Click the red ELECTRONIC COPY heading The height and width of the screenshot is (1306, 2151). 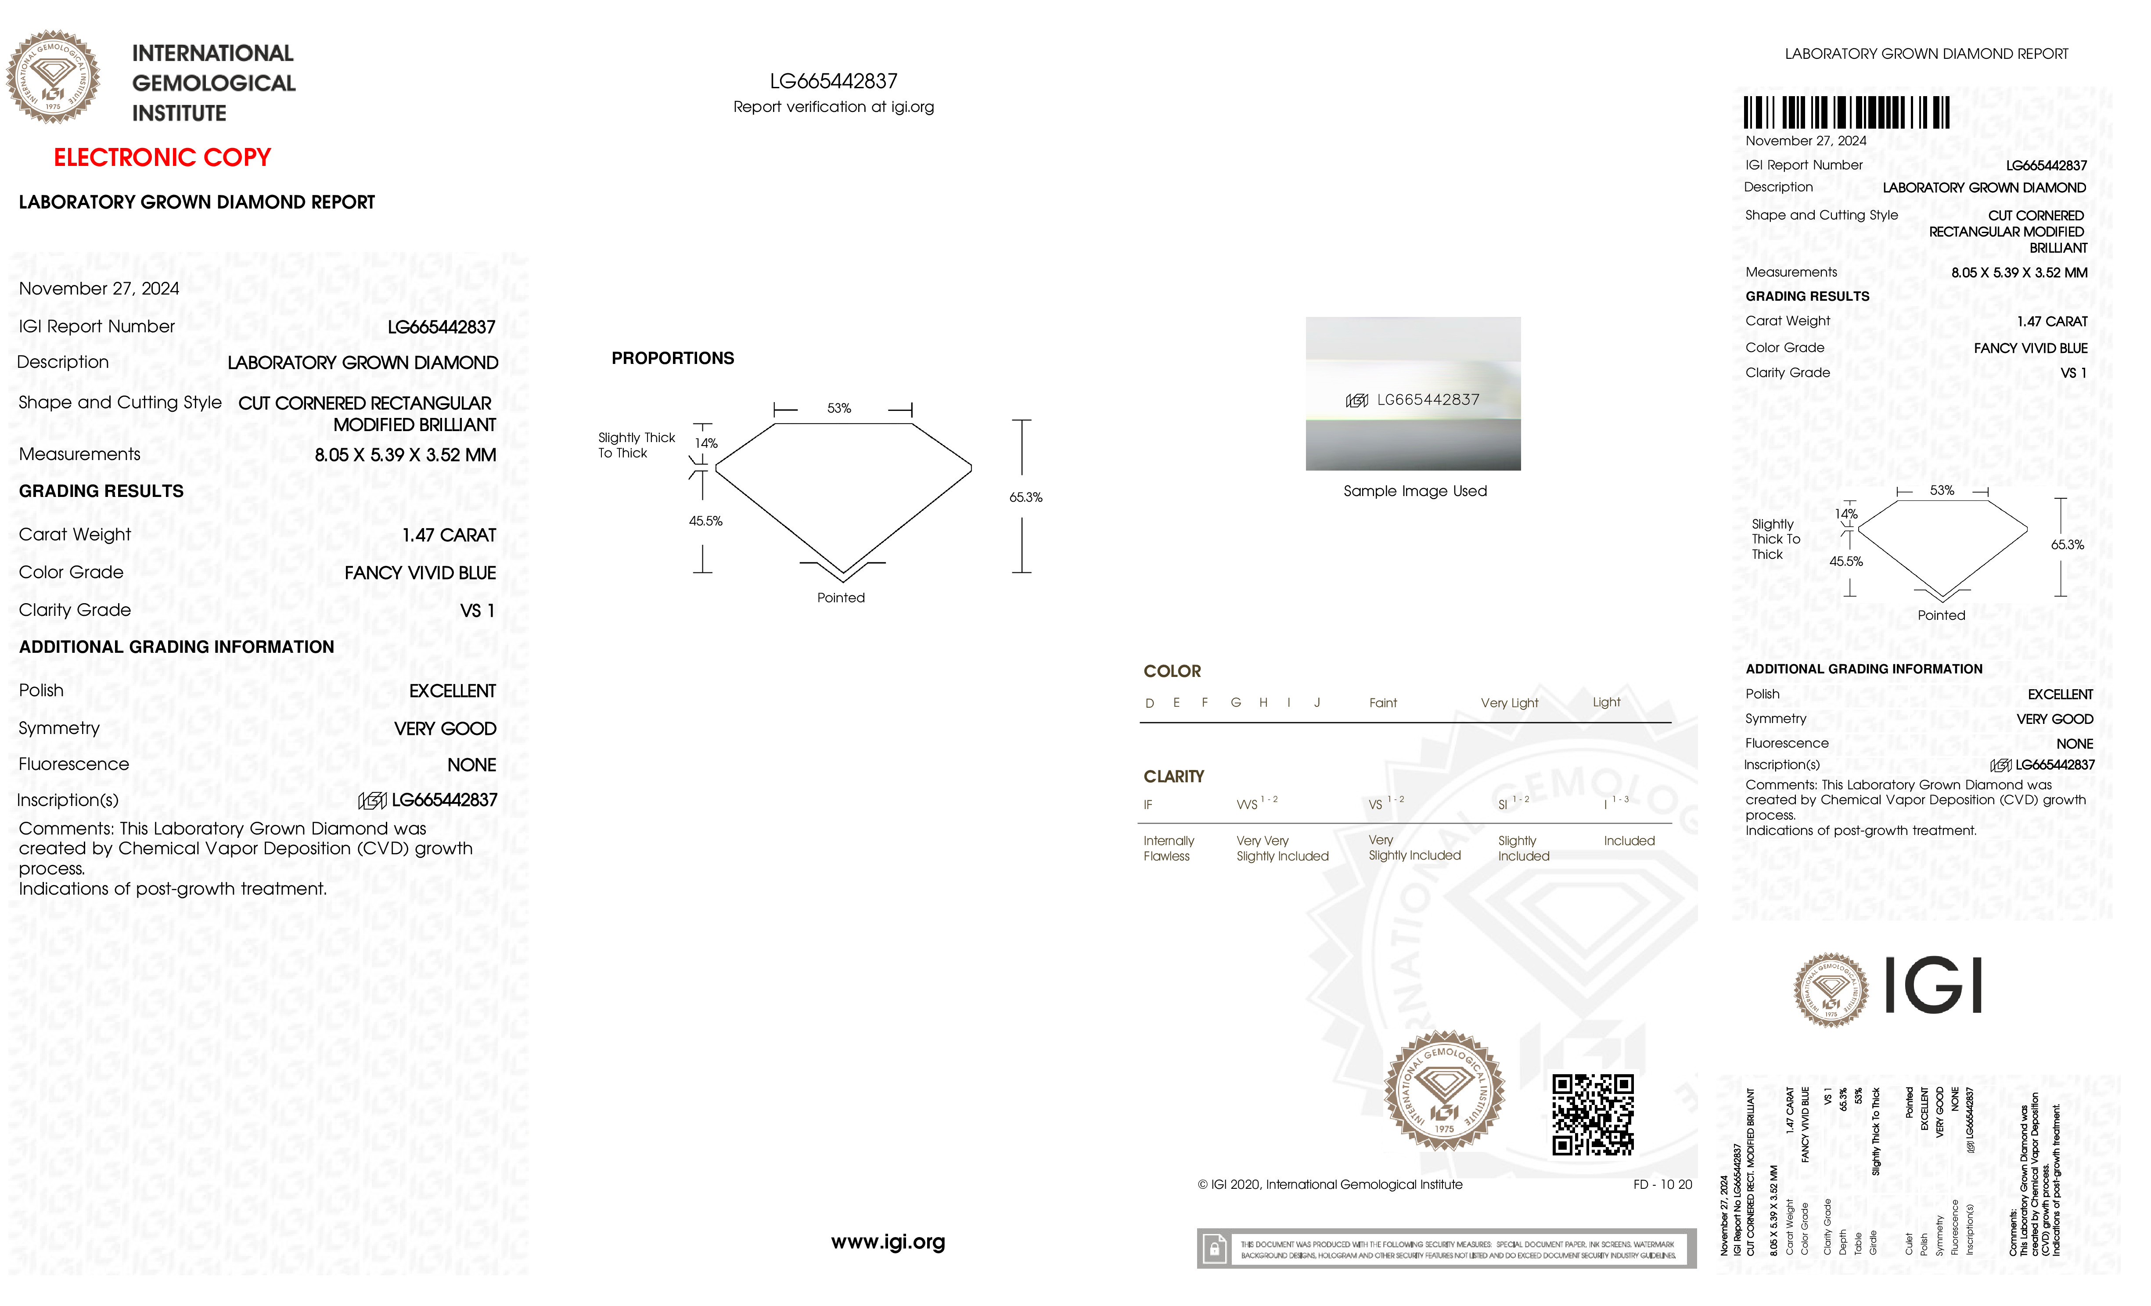click(162, 158)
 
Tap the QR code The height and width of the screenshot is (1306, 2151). click(1592, 1115)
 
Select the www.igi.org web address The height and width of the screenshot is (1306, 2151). click(888, 1241)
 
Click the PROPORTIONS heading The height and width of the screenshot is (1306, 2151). click(672, 359)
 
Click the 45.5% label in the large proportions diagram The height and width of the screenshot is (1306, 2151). click(705, 521)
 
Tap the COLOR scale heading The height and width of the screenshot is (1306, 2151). click(1172, 671)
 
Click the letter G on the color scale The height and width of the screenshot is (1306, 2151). click(1235, 703)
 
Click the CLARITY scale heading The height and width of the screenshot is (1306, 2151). click(1173, 776)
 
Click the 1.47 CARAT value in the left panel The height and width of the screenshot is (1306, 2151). click(449, 535)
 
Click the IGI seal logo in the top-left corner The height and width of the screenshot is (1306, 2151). click(53, 77)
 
